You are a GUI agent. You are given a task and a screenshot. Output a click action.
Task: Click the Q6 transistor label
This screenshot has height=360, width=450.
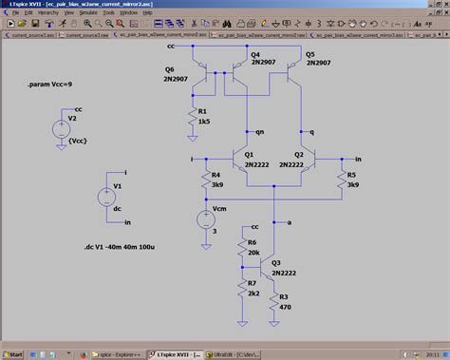pos(171,69)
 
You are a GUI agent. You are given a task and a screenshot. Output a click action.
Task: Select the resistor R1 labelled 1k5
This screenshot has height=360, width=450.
pos(192,117)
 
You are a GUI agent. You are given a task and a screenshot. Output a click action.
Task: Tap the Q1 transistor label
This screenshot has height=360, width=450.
pos(248,153)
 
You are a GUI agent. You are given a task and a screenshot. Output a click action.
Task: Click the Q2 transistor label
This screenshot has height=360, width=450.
pos(299,153)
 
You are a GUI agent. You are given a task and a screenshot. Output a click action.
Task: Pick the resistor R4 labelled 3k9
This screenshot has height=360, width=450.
pos(205,180)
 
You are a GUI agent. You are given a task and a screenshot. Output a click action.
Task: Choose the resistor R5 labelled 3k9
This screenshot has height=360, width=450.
pos(340,180)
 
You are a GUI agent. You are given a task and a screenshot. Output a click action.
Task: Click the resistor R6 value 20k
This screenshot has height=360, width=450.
pos(253,252)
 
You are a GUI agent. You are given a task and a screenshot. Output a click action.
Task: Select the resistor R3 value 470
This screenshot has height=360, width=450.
pos(284,307)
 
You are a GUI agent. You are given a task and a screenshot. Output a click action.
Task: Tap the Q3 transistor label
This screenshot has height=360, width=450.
pos(276,263)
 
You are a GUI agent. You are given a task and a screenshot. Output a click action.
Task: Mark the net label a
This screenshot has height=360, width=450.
pos(289,220)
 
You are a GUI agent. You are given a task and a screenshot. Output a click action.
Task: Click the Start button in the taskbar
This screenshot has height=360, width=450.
pos(13,353)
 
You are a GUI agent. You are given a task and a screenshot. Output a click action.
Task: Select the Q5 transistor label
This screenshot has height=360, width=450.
pos(310,55)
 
